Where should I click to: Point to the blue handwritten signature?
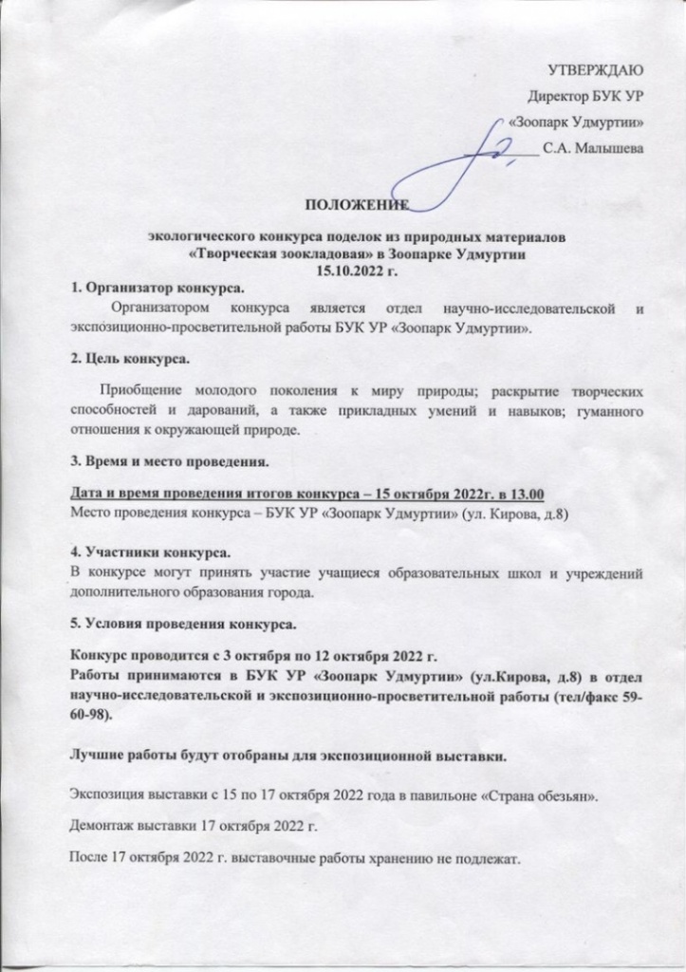point(465,161)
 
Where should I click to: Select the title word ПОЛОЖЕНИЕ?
point(355,206)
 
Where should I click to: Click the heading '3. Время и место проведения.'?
point(171,463)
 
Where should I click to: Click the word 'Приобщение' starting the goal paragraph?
point(143,391)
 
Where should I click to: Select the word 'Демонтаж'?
point(104,826)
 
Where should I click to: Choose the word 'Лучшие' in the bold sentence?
point(101,756)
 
